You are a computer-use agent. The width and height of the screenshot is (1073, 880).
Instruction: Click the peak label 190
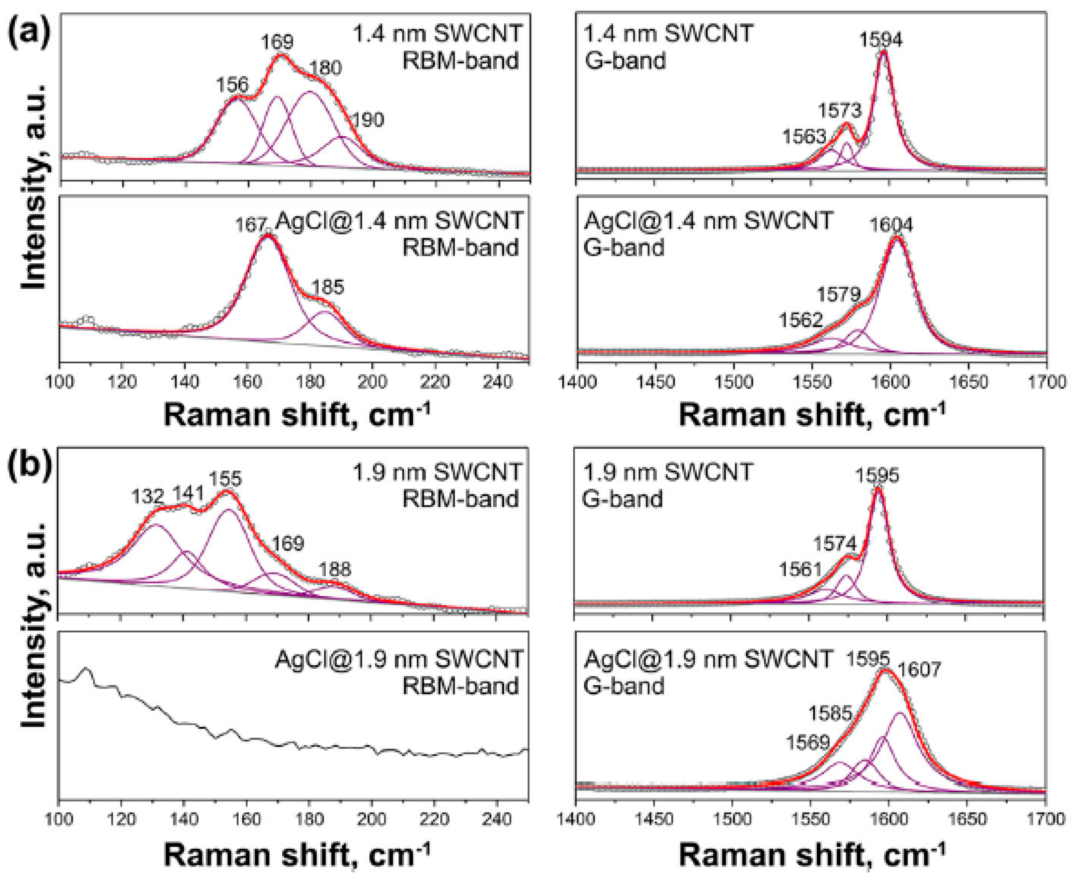368,120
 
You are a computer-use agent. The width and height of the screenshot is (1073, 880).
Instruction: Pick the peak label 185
327,287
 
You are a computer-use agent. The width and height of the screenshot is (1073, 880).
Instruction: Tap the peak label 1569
808,743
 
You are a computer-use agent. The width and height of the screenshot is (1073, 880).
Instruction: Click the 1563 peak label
804,136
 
